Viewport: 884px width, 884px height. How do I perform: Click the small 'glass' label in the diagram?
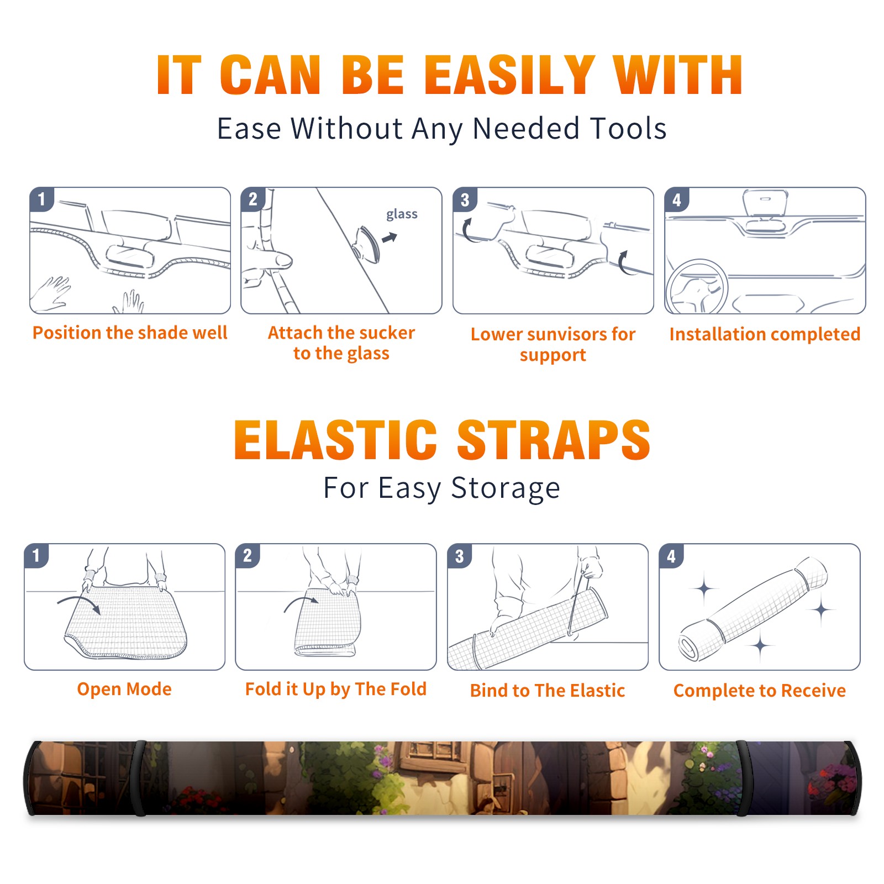click(x=402, y=214)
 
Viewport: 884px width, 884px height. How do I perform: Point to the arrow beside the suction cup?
click(x=390, y=238)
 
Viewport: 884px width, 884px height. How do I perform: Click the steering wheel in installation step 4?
click(x=697, y=287)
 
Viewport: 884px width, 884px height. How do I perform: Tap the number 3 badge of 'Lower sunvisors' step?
click(x=465, y=199)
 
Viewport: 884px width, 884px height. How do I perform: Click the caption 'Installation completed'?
click(x=765, y=334)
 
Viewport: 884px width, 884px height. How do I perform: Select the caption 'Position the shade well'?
click(x=130, y=333)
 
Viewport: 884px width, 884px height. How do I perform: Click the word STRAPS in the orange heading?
click(x=554, y=440)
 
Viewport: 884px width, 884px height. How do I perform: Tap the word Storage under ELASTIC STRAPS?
click(x=506, y=488)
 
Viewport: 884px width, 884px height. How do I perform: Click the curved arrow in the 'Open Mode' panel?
click(x=79, y=603)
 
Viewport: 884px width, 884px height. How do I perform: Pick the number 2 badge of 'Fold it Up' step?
click(x=248, y=556)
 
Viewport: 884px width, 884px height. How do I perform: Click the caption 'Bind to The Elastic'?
click(x=547, y=690)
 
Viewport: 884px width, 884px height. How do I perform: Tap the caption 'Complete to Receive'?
click(x=760, y=690)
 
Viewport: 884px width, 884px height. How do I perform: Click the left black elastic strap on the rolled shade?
click(x=138, y=778)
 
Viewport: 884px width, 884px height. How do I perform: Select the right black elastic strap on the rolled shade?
click(x=742, y=778)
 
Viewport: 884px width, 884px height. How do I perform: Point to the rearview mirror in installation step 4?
click(x=765, y=203)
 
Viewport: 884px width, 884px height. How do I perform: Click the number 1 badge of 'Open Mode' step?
click(x=36, y=556)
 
